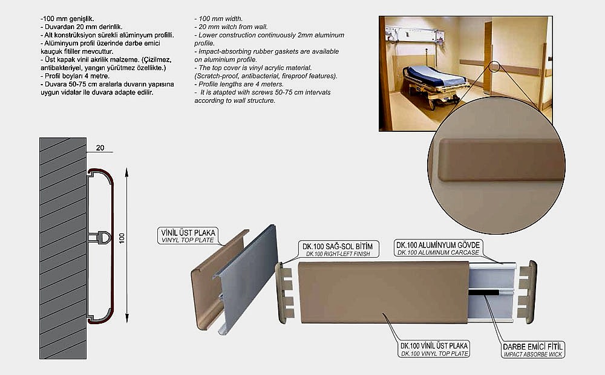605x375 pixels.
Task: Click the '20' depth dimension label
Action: coord(100,148)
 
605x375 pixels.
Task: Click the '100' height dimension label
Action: coord(122,238)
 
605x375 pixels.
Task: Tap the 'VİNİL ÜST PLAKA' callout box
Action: coord(188,236)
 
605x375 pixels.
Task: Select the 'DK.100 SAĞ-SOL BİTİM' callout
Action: coord(338,249)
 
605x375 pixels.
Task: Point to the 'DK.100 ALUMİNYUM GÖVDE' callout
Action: coord(438,248)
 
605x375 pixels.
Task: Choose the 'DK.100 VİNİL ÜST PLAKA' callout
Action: coord(434,349)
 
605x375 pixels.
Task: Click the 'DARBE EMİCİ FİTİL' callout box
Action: coord(533,350)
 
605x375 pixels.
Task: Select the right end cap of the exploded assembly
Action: coord(527,292)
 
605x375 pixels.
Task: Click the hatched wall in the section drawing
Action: coord(63,248)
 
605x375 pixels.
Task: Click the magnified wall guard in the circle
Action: coord(500,160)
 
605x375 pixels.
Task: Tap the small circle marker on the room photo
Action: coord(494,67)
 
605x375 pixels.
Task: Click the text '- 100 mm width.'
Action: coord(218,19)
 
